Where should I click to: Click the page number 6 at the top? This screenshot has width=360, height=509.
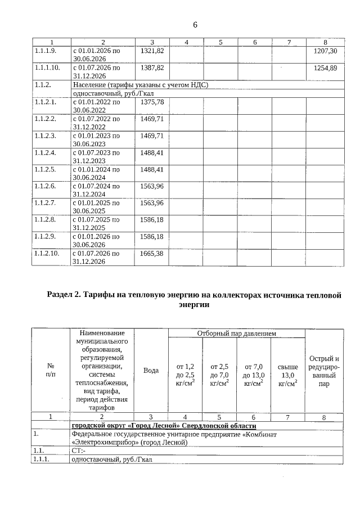195,25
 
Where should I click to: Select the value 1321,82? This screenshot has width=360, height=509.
152,51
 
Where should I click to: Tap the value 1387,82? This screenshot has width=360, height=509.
152,67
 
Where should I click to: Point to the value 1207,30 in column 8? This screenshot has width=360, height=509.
325,51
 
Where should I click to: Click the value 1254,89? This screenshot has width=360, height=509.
325,67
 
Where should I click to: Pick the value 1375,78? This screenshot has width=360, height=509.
152,102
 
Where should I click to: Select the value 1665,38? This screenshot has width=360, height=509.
152,254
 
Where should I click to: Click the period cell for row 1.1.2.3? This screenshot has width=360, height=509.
96,139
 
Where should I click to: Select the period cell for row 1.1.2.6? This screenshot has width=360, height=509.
96,190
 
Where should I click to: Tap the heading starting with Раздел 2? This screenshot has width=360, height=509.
194,300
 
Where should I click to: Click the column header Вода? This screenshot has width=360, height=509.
151,370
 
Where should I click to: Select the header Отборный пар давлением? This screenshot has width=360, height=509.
236,334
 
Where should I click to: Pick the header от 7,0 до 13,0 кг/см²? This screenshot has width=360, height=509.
254,375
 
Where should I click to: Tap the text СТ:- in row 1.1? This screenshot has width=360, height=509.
79,451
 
